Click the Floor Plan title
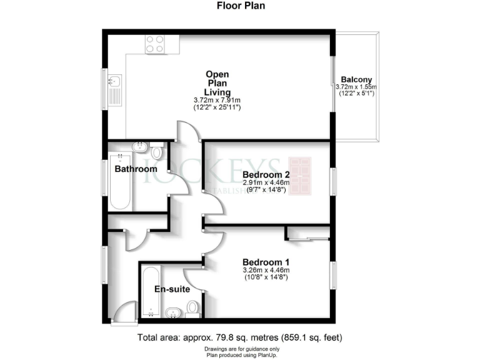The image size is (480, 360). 239,7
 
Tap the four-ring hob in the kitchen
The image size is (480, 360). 155,43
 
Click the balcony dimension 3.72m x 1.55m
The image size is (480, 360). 354,87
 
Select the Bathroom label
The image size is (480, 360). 136,169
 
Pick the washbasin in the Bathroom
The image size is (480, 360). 139,148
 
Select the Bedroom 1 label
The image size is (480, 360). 265,261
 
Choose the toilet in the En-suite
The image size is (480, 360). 193,307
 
